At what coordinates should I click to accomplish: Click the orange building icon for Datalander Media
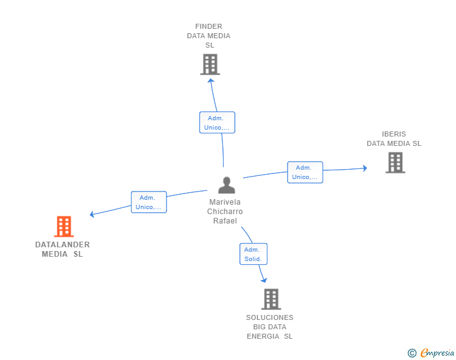click(x=64, y=227)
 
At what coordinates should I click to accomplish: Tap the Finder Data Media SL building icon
click(x=210, y=64)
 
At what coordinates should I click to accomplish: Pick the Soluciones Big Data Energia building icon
click(x=271, y=299)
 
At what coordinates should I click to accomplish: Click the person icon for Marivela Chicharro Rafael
click(x=226, y=185)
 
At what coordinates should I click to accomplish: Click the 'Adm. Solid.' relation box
click(x=253, y=254)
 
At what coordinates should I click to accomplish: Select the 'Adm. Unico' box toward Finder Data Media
click(x=217, y=123)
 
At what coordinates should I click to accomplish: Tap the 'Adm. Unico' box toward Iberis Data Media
click(x=305, y=172)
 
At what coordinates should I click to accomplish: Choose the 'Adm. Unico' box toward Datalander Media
click(x=148, y=202)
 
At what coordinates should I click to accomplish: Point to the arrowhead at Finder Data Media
click(x=211, y=80)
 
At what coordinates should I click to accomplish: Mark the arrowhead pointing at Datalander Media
click(x=92, y=214)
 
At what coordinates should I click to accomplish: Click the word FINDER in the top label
click(x=209, y=26)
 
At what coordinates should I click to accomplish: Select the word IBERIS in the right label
click(x=394, y=134)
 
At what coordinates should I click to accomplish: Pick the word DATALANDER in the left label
click(x=63, y=245)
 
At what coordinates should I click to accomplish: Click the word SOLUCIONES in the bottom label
click(x=269, y=317)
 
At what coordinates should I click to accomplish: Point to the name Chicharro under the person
click(x=225, y=212)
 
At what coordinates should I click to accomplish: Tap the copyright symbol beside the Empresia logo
click(x=412, y=353)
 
